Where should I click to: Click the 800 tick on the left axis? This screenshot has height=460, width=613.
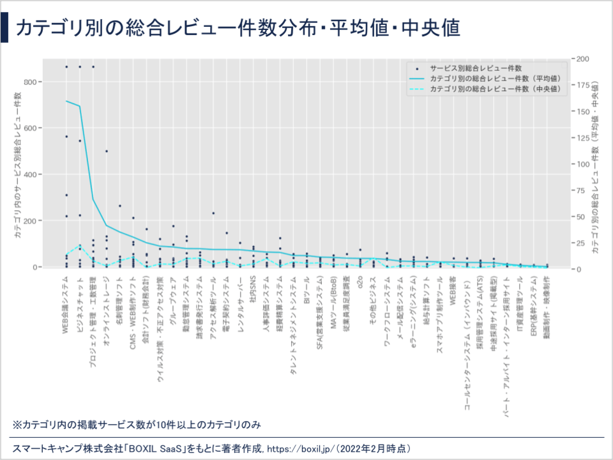pyautogui.click(x=32, y=82)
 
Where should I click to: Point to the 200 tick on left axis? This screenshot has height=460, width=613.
pyautogui.click(x=32, y=220)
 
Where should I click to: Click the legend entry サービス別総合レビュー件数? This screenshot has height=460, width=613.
pyautogui.click(x=476, y=67)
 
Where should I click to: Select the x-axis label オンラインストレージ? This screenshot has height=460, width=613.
pyautogui.click(x=107, y=310)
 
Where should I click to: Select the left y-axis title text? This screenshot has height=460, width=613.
pyautogui.click(x=17, y=165)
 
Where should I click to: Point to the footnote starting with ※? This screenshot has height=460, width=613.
pyautogui.click(x=137, y=424)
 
